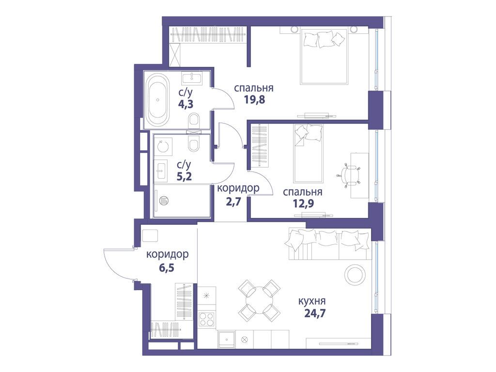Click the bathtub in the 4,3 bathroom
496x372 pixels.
pyautogui.click(x=157, y=100)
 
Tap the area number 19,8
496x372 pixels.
pyautogui.click(x=254, y=100)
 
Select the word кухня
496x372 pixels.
pyautogui.click(x=312, y=301)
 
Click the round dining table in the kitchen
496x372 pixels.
pyautogui.click(x=260, y=300)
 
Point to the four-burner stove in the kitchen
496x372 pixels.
pyautogui.click(x=206, y=319)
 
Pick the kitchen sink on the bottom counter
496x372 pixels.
pyautogui.click(x=227, y=339)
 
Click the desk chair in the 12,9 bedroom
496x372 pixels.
pyautogui.click(x=349, y=175)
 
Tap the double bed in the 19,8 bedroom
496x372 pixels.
pyautogui.click(x=324, y=57)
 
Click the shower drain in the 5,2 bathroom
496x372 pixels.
pyautogui.click(x=164, y=200)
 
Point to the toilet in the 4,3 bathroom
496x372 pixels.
pyautogui.click(x=193, y=120)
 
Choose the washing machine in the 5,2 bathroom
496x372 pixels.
pyautogui.click(x=163, y=147)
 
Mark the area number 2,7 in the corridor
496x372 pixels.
pyautogui.click(x=233, y=201)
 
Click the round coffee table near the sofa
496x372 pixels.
pyautogui.click(x=355, y=274)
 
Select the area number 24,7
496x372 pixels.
pyautogui.click(x=315, y=313)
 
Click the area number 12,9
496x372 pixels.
pyautogui.click(x=303, y=203)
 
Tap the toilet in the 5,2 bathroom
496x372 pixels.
pyautogui.click(x=193, y=144)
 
